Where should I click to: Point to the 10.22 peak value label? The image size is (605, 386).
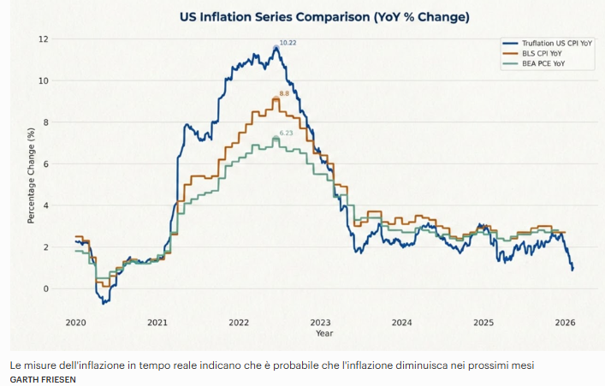click(x=288, y=43)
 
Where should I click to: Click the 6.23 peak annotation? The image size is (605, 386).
click(x=286, y=133)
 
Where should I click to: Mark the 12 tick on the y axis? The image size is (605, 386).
click(x=43, y=39)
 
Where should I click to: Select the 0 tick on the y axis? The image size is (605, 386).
click(x=45, y=288)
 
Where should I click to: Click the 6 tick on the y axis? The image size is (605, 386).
click(x=45, y=163)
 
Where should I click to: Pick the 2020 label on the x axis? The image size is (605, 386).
click(x=75, y=323)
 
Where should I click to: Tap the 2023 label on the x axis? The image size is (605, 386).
click(x=320, y=323)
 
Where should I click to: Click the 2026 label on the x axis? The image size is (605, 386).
click(x=565, y=323)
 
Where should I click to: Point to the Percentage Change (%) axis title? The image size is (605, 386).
click(x=31, y=175)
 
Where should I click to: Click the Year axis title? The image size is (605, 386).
click(x=324, y=333)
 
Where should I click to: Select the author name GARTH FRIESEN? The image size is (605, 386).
click(x=43, y=378)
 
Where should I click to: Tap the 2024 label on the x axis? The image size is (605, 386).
click(x=401, y=323)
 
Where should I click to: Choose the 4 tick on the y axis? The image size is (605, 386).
click(x=45, y=205)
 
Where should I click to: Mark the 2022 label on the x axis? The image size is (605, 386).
click(x=238, y=323)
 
